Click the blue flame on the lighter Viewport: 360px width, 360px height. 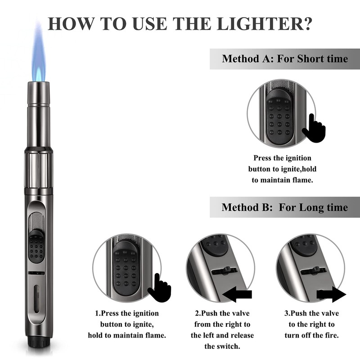[38, 58]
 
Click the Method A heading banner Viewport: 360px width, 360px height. [284, 59]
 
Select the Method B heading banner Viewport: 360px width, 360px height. [284, 207]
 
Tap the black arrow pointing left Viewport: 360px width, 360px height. [238, 295]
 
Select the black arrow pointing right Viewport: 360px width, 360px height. [331, 295]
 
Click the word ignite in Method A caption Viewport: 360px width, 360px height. [295, 169]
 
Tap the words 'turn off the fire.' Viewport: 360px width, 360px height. [311, 336]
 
